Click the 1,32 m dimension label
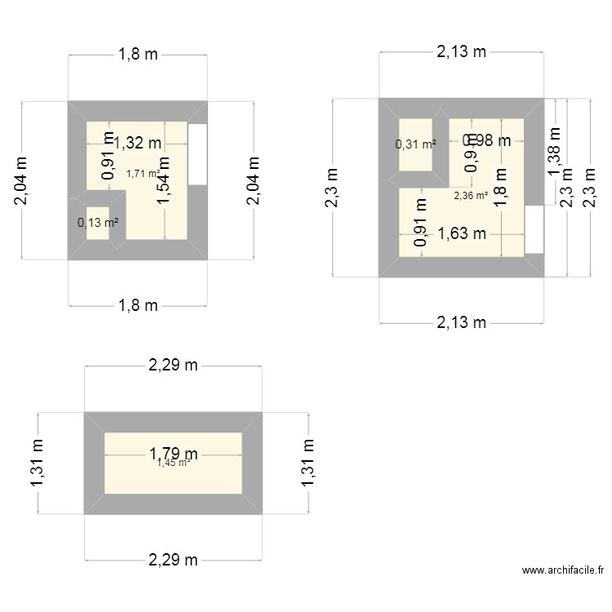point(137,144)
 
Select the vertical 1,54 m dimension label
point(164,180)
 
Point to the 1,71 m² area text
point(143,173)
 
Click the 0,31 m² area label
point(415,145)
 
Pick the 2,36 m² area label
point(471,195)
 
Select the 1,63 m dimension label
point(462,235)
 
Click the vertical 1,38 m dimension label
point(555,151)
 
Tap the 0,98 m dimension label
point(486,140)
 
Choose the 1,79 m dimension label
point(173,453)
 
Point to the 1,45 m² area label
point(174,463)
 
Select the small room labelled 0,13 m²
point(97,223)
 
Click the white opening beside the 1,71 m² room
point(197,154)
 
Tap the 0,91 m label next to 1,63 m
point(421,223)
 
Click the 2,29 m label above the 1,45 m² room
point(173,366)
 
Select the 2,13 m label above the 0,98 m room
point(461,52)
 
